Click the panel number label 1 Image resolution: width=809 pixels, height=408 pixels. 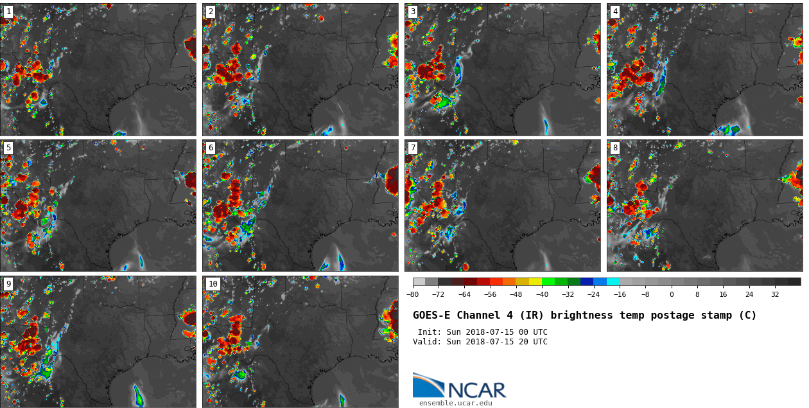(8, 12)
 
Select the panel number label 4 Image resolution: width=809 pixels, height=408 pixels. (615, 12)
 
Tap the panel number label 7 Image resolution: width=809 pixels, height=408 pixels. (413, 148)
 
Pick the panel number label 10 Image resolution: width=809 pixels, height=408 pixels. (213, 284)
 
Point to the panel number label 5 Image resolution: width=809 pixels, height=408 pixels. (8, 148)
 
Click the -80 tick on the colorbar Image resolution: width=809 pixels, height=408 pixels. (413, 294)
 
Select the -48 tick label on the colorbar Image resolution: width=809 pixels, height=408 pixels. (516, 294)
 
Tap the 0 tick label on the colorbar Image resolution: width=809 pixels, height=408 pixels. (672, 294)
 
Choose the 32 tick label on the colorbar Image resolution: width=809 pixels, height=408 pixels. (775, 294)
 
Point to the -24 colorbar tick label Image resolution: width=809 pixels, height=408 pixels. (594, 294)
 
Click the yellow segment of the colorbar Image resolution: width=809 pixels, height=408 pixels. (535, 281)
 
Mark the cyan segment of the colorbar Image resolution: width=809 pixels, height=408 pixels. (613, 281)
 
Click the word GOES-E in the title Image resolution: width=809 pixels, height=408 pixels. (431, 315)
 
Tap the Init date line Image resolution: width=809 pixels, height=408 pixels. (482, 332)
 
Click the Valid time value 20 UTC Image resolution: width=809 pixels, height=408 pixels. (531, 342)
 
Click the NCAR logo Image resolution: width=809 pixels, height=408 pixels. (460, 386)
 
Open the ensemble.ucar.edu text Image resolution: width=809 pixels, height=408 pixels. (455, 404)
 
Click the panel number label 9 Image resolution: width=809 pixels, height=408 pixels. (8, 284)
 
